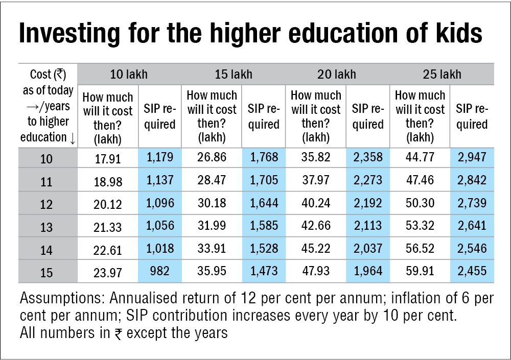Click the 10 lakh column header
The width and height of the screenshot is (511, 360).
click(129, 74)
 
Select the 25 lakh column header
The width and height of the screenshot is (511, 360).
click(442, 74)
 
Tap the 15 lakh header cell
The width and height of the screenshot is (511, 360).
click(234, 74)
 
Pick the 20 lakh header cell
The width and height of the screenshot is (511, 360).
click(337, 74)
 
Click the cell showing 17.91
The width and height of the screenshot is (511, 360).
click(108, 159)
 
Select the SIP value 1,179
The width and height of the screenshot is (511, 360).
click(159, 158)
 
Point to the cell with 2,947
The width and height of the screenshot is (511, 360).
click(472, 158)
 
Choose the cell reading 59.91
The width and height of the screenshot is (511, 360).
click(420, 272)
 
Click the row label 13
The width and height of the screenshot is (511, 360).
click(47, 227)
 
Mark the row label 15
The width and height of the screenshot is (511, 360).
click(47, 272)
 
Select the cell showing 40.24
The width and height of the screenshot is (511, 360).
click(316, 203)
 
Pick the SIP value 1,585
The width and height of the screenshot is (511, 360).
click(264, 226)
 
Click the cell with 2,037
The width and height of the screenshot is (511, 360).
click(368, 248)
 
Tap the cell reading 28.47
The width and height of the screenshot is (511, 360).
click(212, 181)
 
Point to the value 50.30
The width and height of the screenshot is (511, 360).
click(420, 203)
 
